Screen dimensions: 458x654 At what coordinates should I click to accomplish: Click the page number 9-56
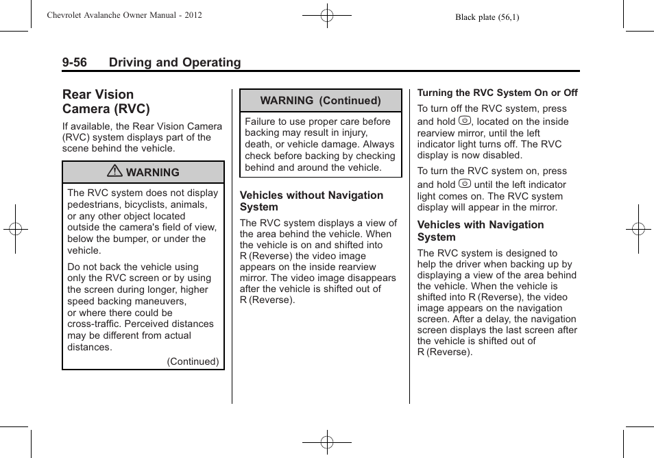[x=74, y=63]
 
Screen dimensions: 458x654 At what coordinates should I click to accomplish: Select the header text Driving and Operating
[x=175, y=63]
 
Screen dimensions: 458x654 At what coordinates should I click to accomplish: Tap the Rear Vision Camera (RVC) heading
[x=106, y=101]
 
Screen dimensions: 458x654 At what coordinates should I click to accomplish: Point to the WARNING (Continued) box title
[x=320, y=101]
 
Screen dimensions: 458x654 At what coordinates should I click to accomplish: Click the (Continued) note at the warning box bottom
[x=193, y=361]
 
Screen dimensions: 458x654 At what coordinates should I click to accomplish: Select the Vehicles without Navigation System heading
[x=311, y=201]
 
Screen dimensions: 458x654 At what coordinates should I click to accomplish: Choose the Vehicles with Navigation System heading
[x=480, y=231]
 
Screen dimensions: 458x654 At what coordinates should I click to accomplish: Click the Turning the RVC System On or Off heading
[x=497, y=93]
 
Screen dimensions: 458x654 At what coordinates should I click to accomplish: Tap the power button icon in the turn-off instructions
[x=464, y=121]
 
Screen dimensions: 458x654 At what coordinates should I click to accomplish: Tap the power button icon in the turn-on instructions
[x=464, y=184]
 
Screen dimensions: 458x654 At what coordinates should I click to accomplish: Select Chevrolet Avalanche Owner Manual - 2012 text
[x=124, y=15]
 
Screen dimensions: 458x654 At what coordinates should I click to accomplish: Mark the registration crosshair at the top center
[x=327, y=15]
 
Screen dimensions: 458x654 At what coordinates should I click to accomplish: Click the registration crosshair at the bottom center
[x=327, y=442]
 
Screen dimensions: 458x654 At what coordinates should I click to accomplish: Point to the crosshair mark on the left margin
[x=16, y=229]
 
